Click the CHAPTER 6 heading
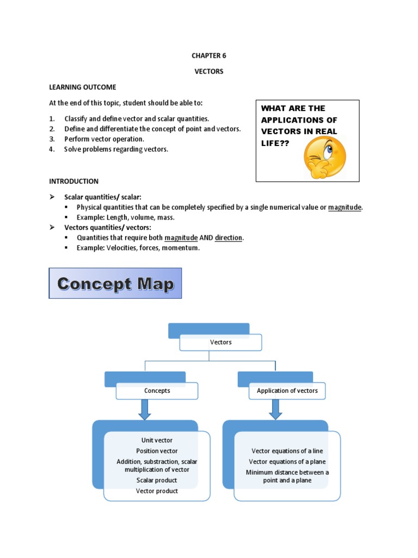[209, 56]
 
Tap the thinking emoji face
[324, 156]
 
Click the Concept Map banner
[115, 283]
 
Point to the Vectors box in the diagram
[220, 342]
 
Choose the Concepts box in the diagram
[157, 391]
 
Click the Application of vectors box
[287, 391]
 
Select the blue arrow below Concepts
[144, 409]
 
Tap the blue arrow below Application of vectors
[275, 409]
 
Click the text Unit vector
[157, 440]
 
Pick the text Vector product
[157, 491]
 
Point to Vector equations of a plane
[287, 462]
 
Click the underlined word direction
[229, 238]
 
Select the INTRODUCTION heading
[74, 181]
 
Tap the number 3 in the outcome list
[51, 139]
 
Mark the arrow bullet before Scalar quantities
[52, 196]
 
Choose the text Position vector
[157, 451]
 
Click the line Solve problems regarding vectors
[116, 149]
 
